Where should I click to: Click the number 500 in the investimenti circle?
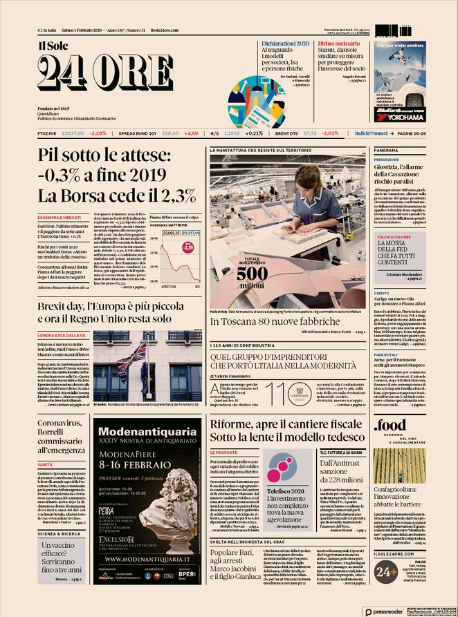pos(252,274)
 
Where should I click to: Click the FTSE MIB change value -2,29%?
pos(98,133)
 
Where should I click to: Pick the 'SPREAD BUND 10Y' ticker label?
pos(138,133)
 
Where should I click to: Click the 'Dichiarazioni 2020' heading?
pos(285,44)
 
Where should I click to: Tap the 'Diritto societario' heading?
pos(339,44)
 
